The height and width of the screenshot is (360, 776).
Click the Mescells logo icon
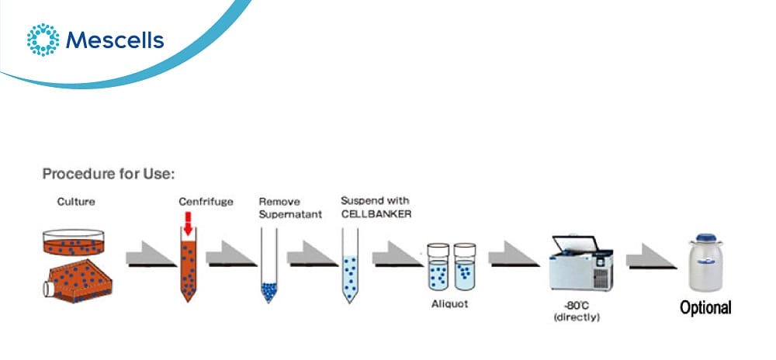click(x=43, y=40)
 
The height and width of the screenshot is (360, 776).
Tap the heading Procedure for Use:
click(x=109, y=174)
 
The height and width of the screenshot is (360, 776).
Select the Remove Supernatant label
click(x=290, y=209)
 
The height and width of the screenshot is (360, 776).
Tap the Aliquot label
click(x=450, y=303)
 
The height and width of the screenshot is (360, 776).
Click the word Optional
click(x=705, y=308)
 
